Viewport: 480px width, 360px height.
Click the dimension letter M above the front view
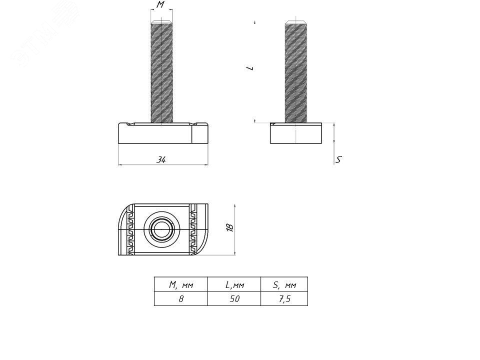[x=160, y=4]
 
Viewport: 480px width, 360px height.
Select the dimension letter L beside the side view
[x=250, y=67]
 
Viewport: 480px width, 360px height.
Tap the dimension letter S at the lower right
[x=338, y=159]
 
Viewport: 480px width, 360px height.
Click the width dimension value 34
[x=161, y=159]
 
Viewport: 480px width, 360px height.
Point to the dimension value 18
[x=230, y=227]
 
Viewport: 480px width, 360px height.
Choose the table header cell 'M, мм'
[x=181, y=284]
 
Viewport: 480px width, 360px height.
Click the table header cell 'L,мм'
[x=234, y=284]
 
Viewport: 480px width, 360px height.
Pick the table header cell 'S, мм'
[x=284, y=284]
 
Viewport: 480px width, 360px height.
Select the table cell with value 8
[x=181, y=298]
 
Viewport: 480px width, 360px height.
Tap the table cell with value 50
[x=234, y=298]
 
